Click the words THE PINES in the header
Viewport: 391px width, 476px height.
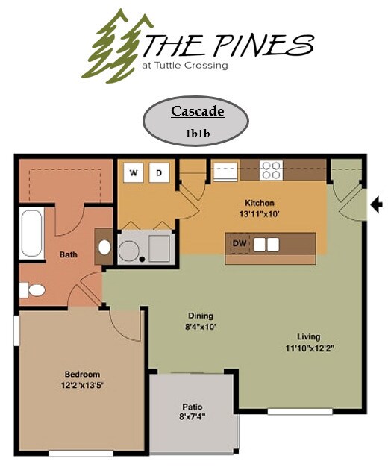point(227,46)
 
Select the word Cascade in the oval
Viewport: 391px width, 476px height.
point(197,112)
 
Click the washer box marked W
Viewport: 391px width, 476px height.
point(134,172)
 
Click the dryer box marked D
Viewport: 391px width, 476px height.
point(158,172)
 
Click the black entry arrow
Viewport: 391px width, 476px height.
point(377,203)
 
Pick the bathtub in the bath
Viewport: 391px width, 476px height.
point(32,233)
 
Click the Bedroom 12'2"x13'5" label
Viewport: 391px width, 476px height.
point(82,379)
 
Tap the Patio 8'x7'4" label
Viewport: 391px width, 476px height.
point(193,412)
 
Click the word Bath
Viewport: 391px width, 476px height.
point(68,255)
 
